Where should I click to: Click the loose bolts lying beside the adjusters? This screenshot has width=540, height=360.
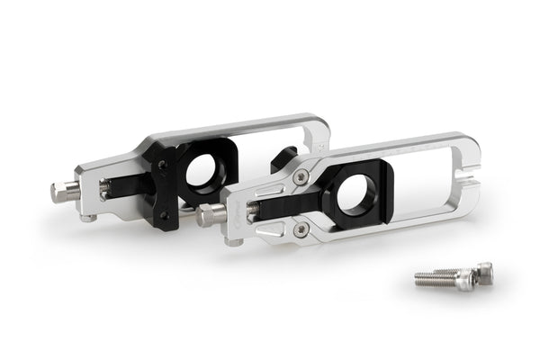[x=454, y=277]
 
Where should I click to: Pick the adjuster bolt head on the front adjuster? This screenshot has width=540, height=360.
[x=211, y=214]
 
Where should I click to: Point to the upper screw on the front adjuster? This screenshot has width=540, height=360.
[x=300, y=178]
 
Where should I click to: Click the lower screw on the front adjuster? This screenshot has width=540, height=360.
[x=300, y=229]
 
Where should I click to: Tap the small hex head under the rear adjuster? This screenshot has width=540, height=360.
[x=87, y=217]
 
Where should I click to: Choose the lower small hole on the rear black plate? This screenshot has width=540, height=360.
[x=161, y=214]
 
